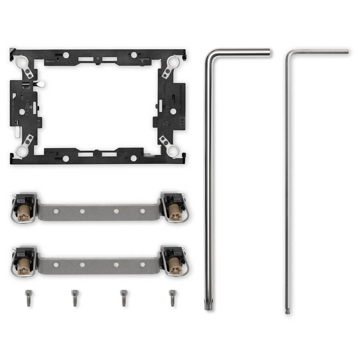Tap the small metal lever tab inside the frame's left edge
[x=40, y=84]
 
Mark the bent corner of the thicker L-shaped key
[x=209, y=54]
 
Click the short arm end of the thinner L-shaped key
[x=346, y=52]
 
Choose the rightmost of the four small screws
[x=172, y=298]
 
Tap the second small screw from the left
[x=75, y=298]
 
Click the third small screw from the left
[x=123, y=298]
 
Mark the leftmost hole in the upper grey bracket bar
[x=56, y=211]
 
